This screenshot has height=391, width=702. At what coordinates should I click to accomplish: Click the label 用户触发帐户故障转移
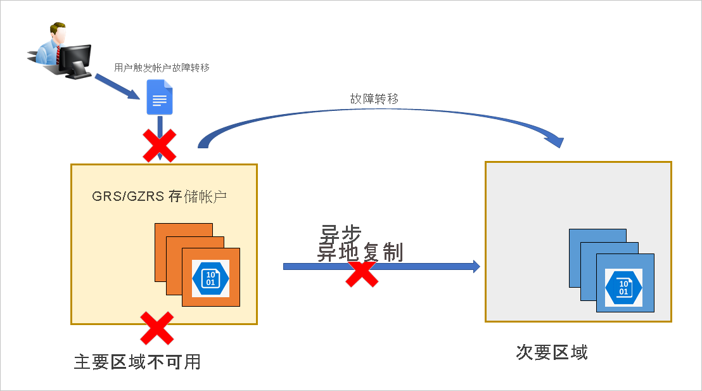click(162, 68)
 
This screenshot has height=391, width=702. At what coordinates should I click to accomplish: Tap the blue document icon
click(160, 97)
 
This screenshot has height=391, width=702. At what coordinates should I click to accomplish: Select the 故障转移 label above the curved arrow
click(374, 98)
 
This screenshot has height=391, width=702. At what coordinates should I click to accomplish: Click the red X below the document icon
click(160, 146)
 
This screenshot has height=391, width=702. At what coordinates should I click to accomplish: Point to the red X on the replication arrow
click(362, 272)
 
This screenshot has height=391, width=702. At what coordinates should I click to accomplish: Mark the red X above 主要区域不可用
click(156, 328)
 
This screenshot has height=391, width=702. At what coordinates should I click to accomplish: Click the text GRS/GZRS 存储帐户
click(160, 196)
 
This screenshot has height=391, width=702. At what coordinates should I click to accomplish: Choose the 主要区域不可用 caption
click(137, 362)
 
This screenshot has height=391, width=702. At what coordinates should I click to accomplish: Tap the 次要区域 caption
click(552, 352)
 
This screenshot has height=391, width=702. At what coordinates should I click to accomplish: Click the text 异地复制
click(361, 252)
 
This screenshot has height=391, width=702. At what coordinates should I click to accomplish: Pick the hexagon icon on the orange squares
click(210, 279)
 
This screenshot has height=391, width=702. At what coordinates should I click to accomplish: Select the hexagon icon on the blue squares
click(623, 288)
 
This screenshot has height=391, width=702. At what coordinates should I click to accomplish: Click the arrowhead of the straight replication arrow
click(476, 267)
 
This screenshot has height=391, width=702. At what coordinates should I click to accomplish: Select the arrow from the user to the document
click(118, 87)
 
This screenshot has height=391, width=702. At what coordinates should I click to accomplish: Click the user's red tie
click(58, 54)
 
